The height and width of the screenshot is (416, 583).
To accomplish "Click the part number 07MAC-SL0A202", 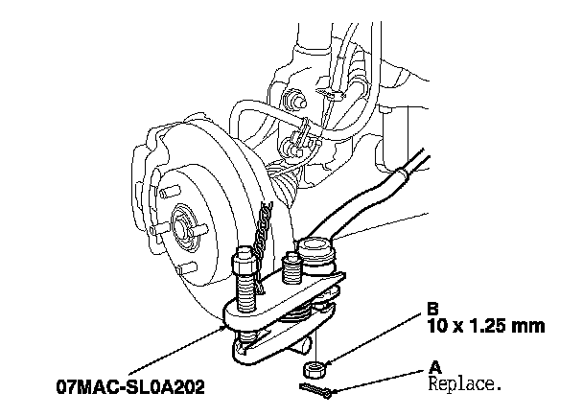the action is [x=130, y=387].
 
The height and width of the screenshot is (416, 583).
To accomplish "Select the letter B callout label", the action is [x=432, y=309].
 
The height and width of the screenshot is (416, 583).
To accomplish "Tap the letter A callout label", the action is [x=435, y=367].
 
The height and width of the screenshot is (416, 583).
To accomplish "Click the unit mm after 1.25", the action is [x=528, y=327].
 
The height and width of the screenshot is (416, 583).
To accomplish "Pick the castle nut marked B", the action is [x=315, y=369].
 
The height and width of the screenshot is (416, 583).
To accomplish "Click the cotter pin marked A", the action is [x=315, y=391].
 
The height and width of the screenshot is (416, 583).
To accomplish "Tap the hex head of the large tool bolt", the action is [x=244, y=261].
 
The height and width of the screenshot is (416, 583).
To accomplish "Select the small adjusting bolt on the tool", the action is [x=291, y=267].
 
